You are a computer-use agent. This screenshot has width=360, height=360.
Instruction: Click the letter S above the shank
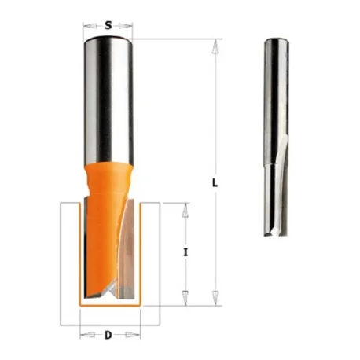[108, 25]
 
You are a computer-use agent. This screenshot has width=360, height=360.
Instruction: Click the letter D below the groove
[108, 335]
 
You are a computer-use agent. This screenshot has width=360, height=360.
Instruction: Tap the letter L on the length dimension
[215, 183]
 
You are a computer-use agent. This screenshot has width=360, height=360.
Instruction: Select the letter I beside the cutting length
[186, 252]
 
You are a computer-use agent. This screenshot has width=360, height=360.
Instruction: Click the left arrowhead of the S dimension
[89, 26]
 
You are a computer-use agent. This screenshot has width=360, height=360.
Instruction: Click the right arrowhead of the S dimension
[125, 26]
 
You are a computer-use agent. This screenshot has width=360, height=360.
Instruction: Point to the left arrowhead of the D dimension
[87, 335]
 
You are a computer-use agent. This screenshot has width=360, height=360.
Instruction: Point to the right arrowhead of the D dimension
[133, 335]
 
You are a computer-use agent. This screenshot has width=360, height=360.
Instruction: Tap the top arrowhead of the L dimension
[215, 46]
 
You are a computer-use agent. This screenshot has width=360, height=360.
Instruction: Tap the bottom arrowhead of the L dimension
[215, 298]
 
